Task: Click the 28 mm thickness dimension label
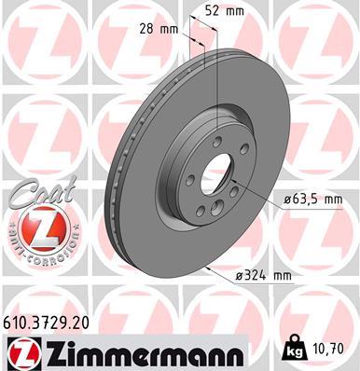(162, 30)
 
